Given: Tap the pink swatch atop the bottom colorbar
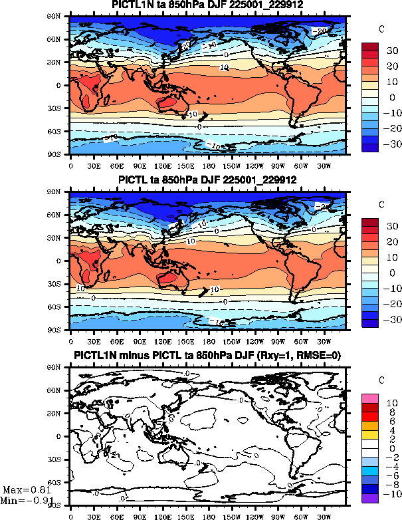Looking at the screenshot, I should [369, 398].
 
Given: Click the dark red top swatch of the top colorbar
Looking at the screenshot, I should [369, 47].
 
